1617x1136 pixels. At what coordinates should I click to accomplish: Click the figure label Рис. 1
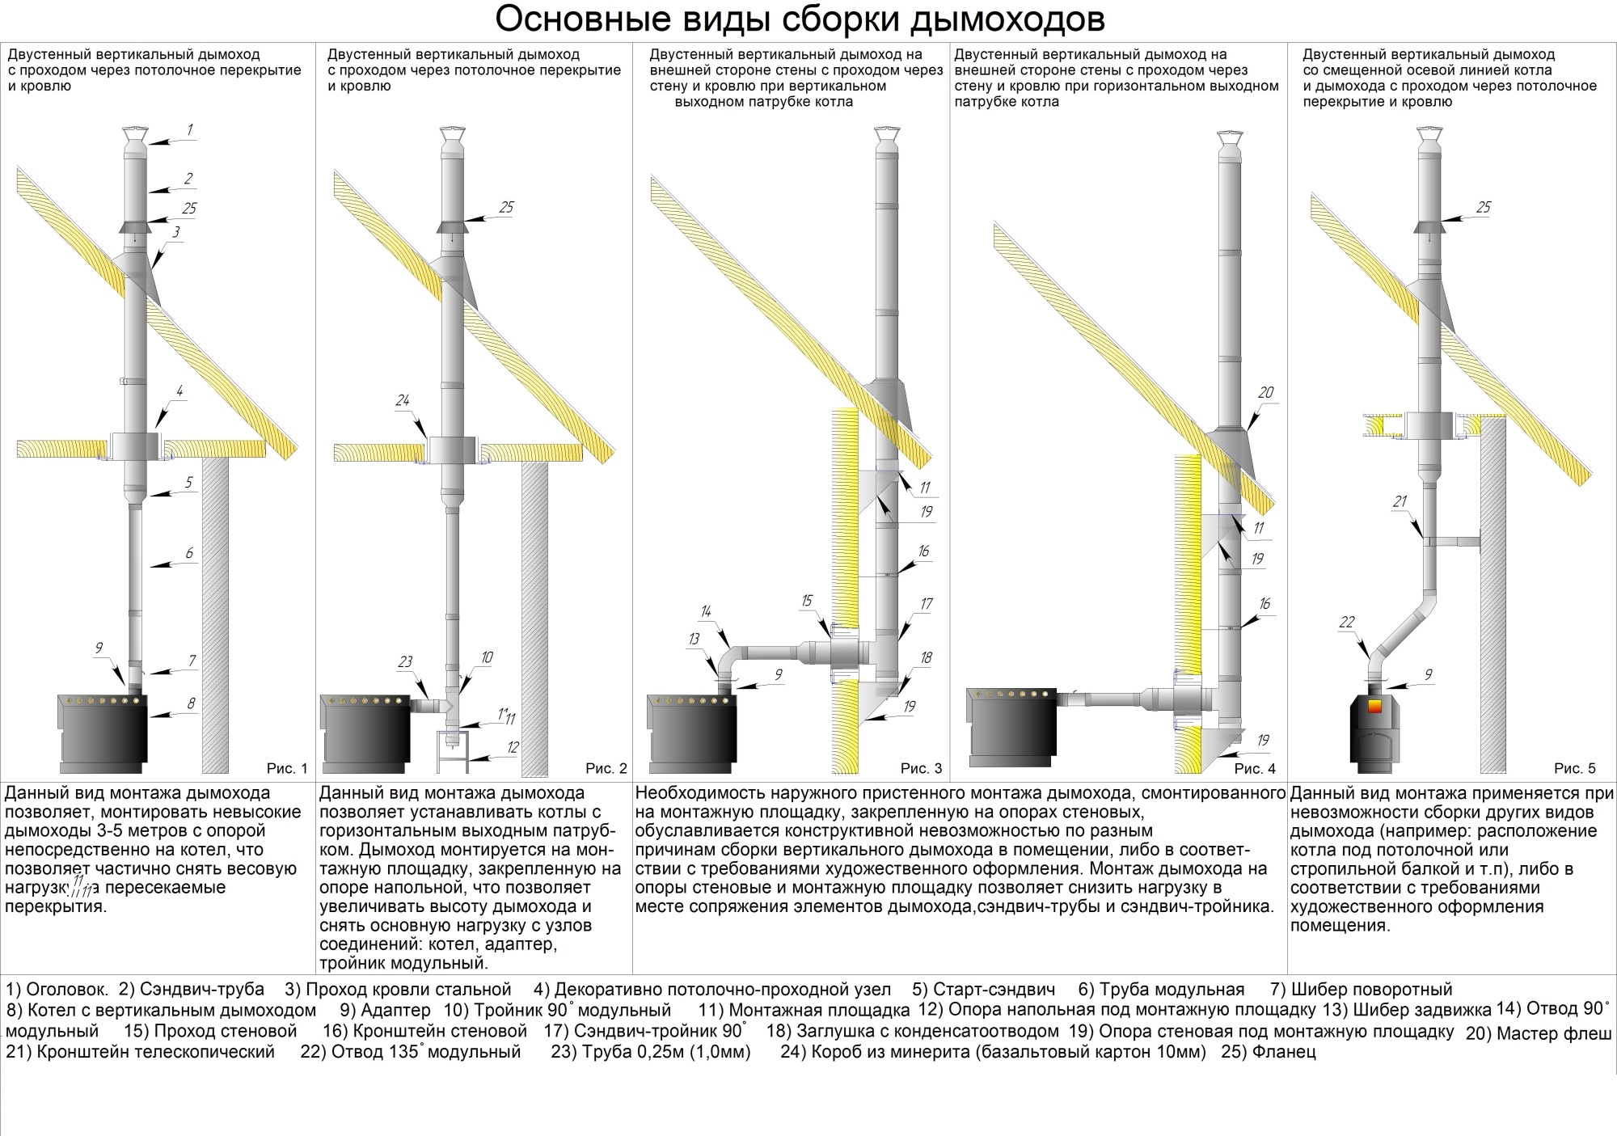(287, 768)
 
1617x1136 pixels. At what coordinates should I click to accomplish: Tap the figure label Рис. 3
(921, 768)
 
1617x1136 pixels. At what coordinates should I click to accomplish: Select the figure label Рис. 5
(1574, 768)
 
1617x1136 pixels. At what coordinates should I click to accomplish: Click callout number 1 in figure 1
(189, 129)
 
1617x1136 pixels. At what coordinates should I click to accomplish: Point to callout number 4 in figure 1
(179, 391)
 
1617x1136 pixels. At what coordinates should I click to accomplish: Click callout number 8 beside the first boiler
(191, 703)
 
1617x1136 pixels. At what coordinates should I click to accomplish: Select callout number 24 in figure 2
(403, 400)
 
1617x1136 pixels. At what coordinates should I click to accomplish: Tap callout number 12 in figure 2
(512, 747)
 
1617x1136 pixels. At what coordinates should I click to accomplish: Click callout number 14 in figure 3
(706, 612)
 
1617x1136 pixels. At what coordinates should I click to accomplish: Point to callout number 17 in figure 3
(926, 603)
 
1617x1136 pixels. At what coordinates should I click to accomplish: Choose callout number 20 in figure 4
(1265, 392)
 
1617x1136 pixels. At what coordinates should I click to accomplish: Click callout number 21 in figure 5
(1400, 501)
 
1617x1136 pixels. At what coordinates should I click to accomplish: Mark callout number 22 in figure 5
(1346, 622)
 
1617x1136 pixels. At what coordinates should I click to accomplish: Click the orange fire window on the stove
(1374, 706)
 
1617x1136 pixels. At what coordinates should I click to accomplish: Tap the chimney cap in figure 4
(1231, 139)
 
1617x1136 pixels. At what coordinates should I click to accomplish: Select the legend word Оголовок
(67, 990)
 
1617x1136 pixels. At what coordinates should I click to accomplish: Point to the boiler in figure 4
(1013, 726)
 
